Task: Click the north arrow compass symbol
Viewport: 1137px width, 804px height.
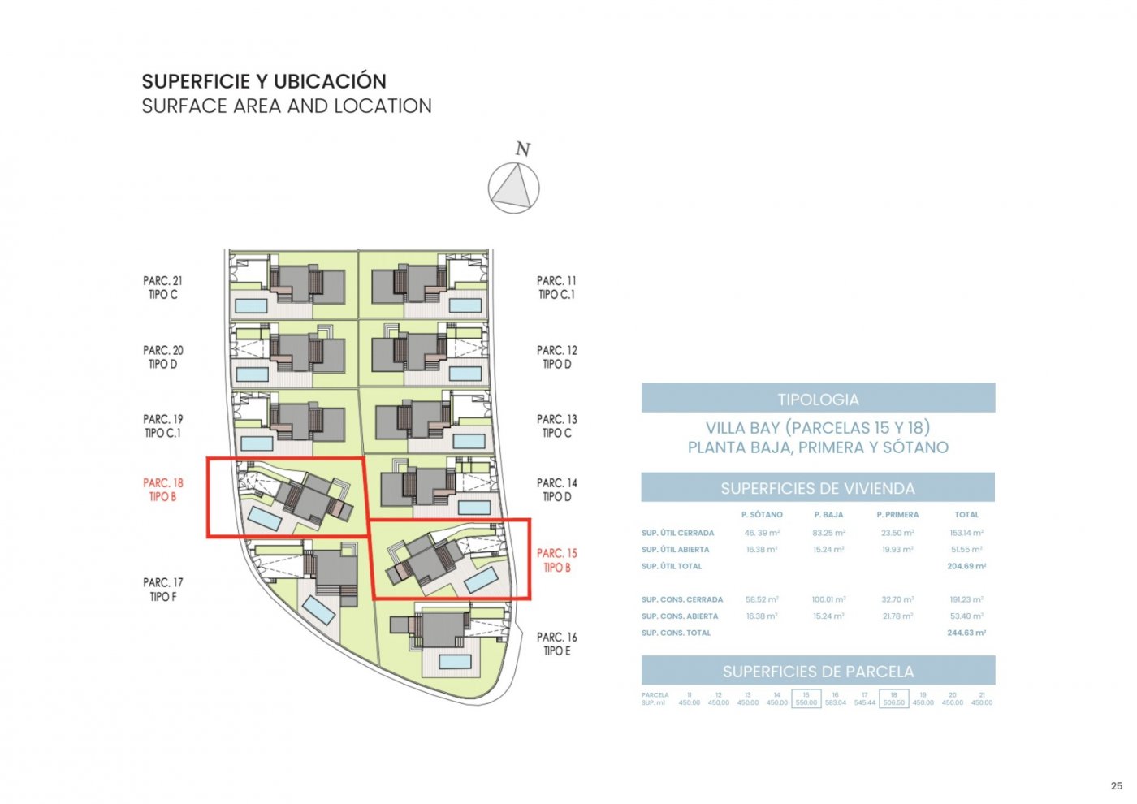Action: [513, 188]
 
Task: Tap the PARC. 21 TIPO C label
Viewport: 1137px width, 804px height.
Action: [162, 287]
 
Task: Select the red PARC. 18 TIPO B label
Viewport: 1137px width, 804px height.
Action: [162, 490]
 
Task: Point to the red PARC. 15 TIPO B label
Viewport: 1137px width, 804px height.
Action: [556, 560]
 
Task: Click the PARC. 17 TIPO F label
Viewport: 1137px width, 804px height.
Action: [162, 590]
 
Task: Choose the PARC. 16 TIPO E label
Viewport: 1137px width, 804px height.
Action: [556, 644]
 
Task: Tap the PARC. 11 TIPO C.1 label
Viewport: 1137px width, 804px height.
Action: [556, 287]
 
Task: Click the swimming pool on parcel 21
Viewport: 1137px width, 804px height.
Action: [251, 306]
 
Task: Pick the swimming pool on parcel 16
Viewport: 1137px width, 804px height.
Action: [456, 662]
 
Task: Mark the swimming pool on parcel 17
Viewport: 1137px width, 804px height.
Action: [318, 611]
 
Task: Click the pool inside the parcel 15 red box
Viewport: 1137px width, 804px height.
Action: [481, 579]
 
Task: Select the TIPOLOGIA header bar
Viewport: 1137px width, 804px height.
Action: [818, 399]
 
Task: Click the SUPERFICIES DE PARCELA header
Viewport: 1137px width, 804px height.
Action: [818, 672]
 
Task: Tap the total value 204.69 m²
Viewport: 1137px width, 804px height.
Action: [966, 566]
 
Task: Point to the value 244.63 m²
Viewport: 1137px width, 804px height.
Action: [966, 633]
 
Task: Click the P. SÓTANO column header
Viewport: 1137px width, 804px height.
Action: [762, 515]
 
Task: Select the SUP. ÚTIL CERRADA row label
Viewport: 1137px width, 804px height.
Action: [677, 534]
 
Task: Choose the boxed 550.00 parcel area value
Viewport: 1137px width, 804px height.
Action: [806, 702]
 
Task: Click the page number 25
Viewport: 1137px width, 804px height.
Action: [1116, 785]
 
